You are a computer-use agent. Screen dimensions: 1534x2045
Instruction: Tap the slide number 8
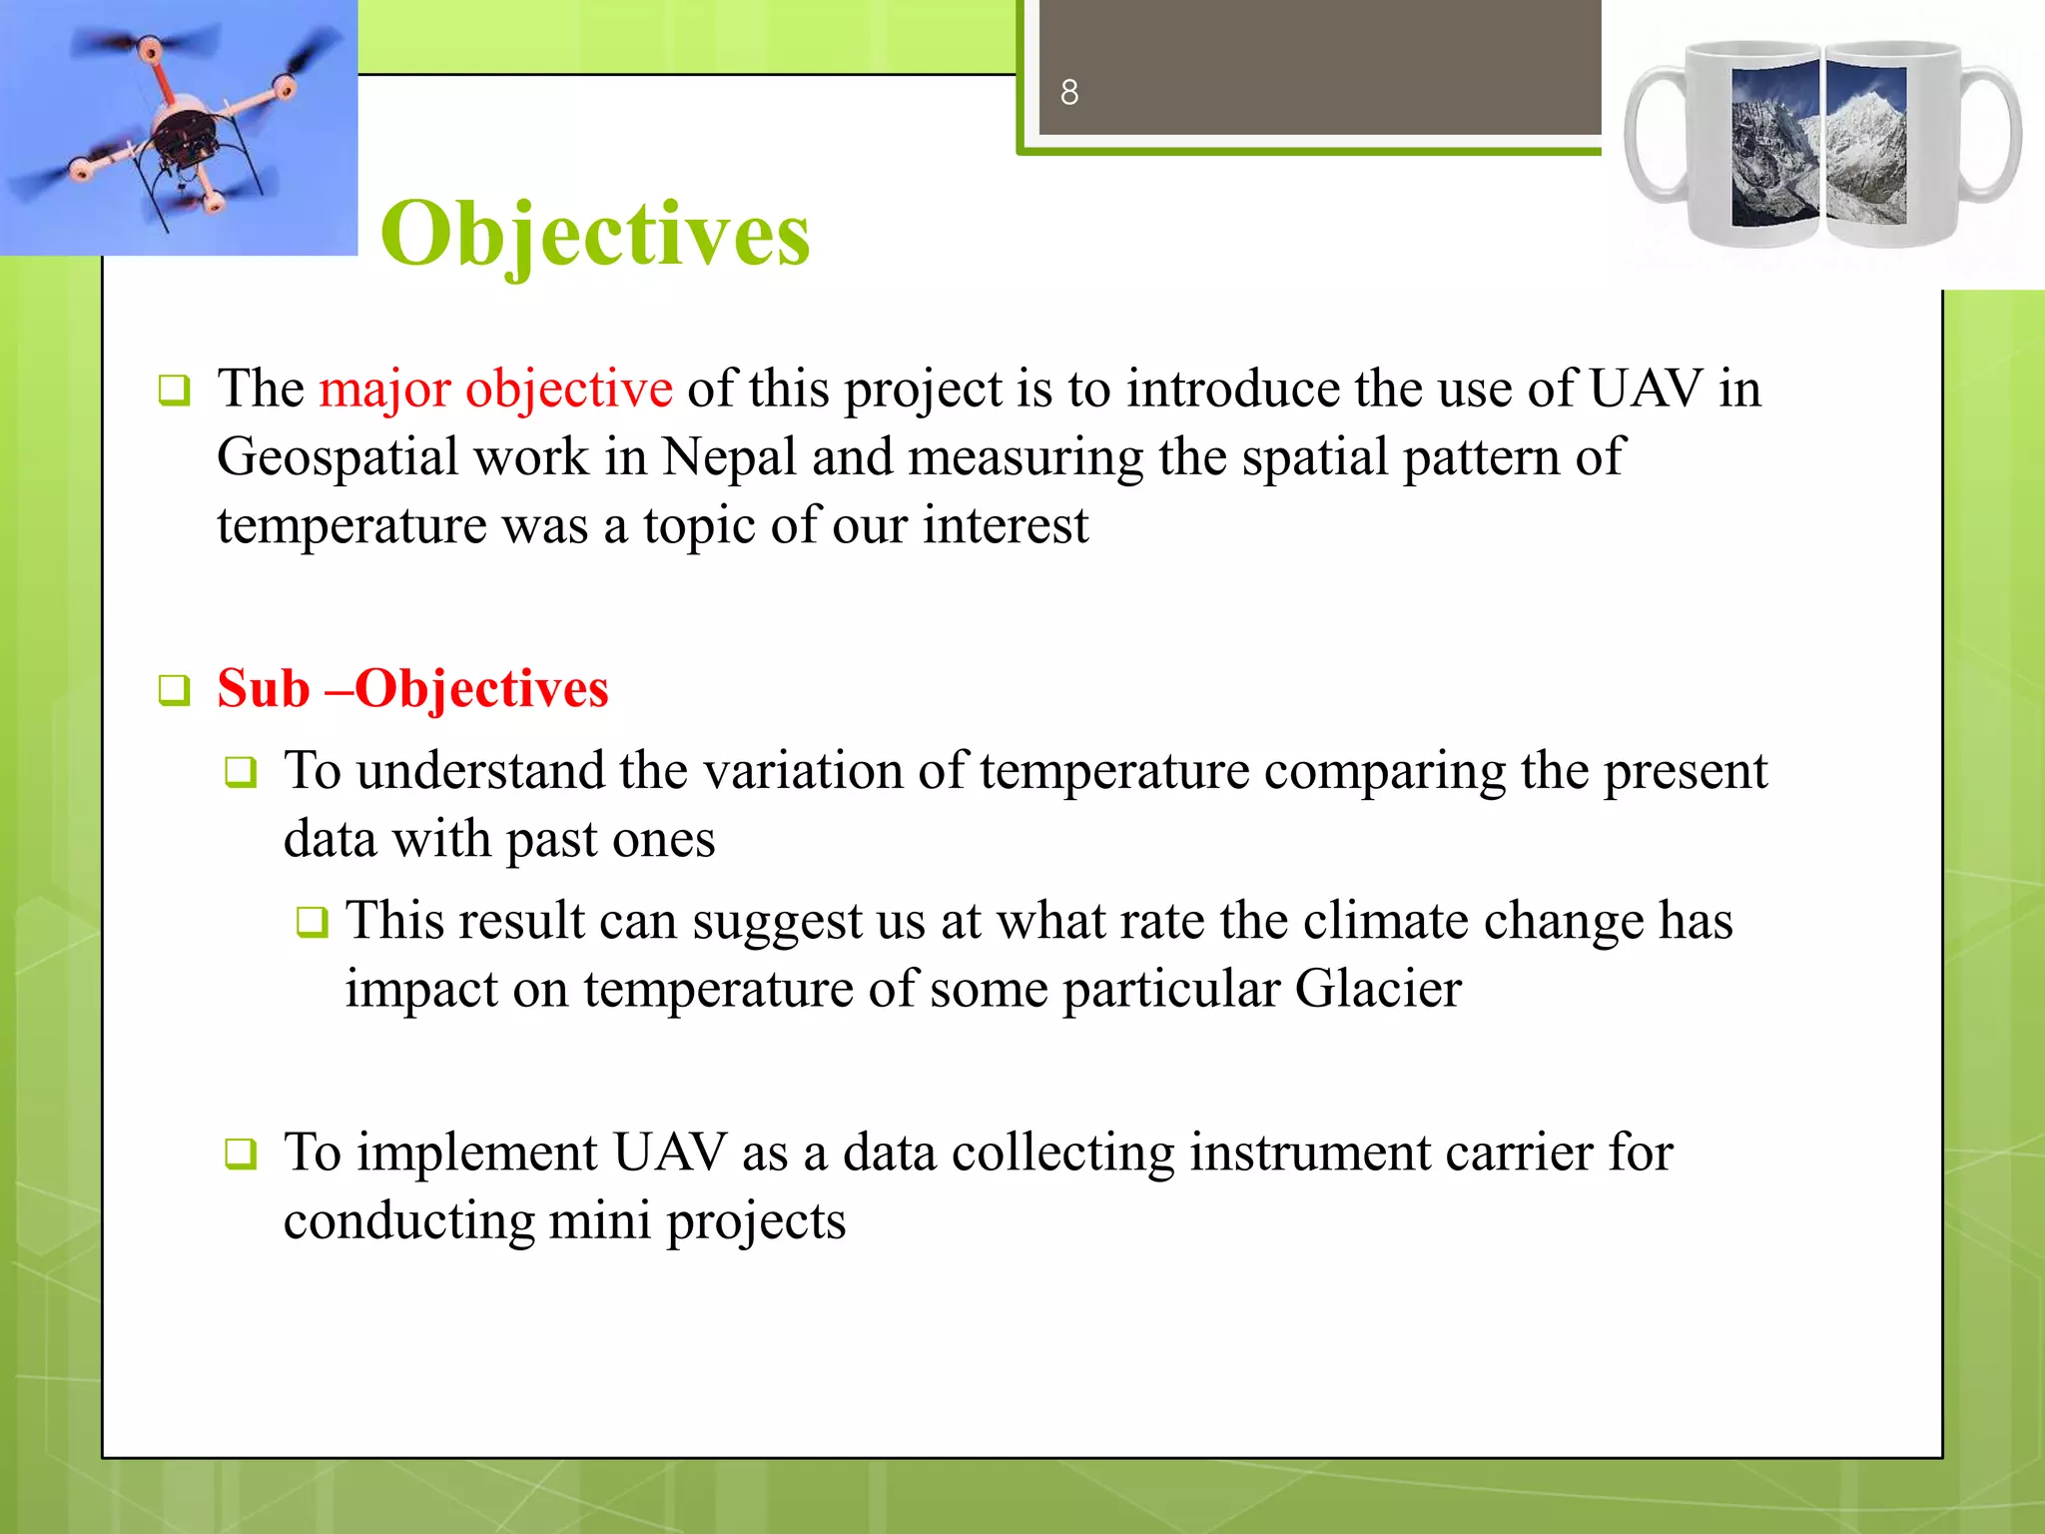click(1069, 93)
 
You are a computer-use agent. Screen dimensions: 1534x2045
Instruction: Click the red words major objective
click(495, 388)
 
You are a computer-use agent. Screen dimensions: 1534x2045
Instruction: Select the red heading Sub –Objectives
click(412, 688)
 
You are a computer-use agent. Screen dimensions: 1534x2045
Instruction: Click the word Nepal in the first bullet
click(729, 457)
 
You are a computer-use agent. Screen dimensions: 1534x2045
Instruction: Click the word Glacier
click(1378, 989)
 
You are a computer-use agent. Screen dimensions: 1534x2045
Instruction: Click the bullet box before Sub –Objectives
click(175, 690)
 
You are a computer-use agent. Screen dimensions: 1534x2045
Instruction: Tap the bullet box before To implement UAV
click(241, 1154)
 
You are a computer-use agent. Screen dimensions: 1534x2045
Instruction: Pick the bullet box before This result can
click(312, 922)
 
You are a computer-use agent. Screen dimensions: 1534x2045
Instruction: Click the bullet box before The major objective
click(175, 390)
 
